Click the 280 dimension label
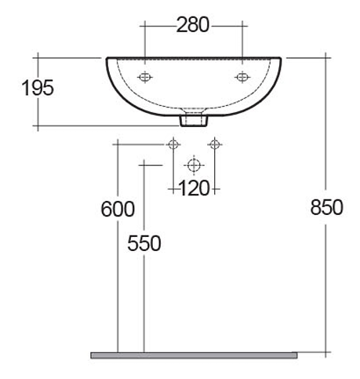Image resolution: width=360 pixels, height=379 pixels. [193, 24]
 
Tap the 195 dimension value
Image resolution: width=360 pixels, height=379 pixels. [38, 88]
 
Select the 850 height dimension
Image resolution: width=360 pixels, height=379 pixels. [326, 207]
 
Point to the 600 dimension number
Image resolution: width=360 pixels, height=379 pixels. [118, 209]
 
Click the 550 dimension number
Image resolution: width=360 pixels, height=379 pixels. [144, 243]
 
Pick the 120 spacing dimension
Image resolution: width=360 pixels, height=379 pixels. [194, 188]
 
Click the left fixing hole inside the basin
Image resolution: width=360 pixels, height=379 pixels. [145, 77]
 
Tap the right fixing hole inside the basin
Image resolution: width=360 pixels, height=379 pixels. [242, 77]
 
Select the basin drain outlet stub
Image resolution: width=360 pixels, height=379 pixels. [194, 120]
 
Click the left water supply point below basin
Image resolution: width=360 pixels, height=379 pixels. [173, 144]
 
